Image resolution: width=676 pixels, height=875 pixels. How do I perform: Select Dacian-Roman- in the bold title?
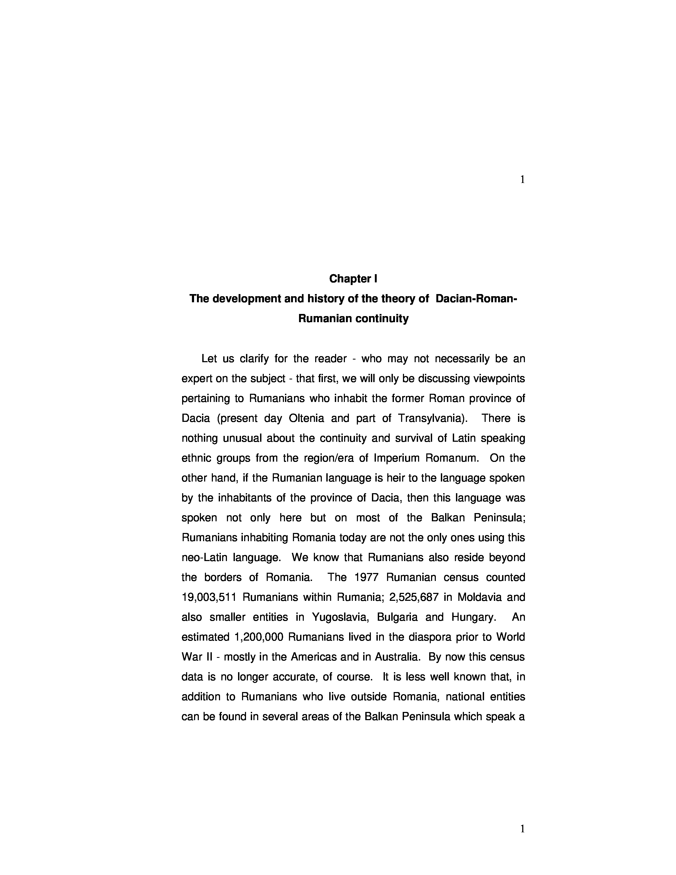click(x=476, y=299)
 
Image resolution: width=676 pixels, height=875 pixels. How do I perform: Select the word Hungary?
click(x=474, y=617)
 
